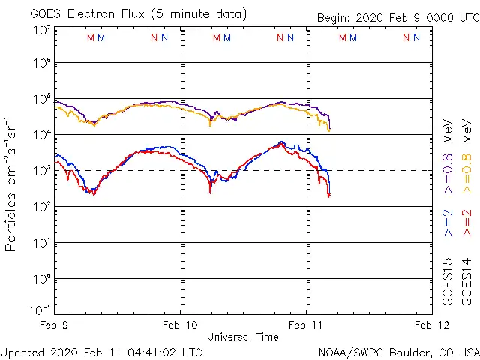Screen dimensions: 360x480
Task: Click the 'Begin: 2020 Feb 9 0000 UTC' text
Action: pos(397,17)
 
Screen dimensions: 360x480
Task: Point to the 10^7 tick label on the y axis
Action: pos(41,30)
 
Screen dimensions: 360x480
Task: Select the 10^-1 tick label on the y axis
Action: pos(41,309)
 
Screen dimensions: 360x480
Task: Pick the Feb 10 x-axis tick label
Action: pos(180,325)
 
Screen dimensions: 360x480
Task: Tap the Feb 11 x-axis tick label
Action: pos(306,325)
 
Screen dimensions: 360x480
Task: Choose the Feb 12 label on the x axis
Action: pos(432,325)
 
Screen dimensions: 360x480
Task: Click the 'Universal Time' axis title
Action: pos(243,337)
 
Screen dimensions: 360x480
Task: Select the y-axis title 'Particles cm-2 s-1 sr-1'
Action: pos(11,184)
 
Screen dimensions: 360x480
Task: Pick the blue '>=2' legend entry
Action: pos(448,223)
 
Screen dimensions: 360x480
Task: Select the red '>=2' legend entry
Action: pos(467,223)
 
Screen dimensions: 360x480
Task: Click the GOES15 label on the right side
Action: pos(448,281)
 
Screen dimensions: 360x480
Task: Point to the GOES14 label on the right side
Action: pos(467,281)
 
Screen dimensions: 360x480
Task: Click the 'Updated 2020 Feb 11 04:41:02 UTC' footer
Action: pos(101,351)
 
